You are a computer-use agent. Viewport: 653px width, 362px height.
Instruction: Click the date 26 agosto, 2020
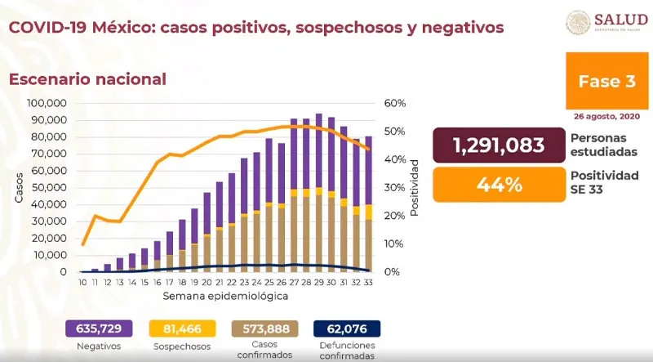tap(607, 116)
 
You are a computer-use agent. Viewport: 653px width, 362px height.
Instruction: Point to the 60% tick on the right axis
tap(395, 104)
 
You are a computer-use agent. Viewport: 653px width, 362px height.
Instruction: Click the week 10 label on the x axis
tap(82, 282)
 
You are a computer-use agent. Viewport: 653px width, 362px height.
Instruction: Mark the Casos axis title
tap(18, 187)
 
